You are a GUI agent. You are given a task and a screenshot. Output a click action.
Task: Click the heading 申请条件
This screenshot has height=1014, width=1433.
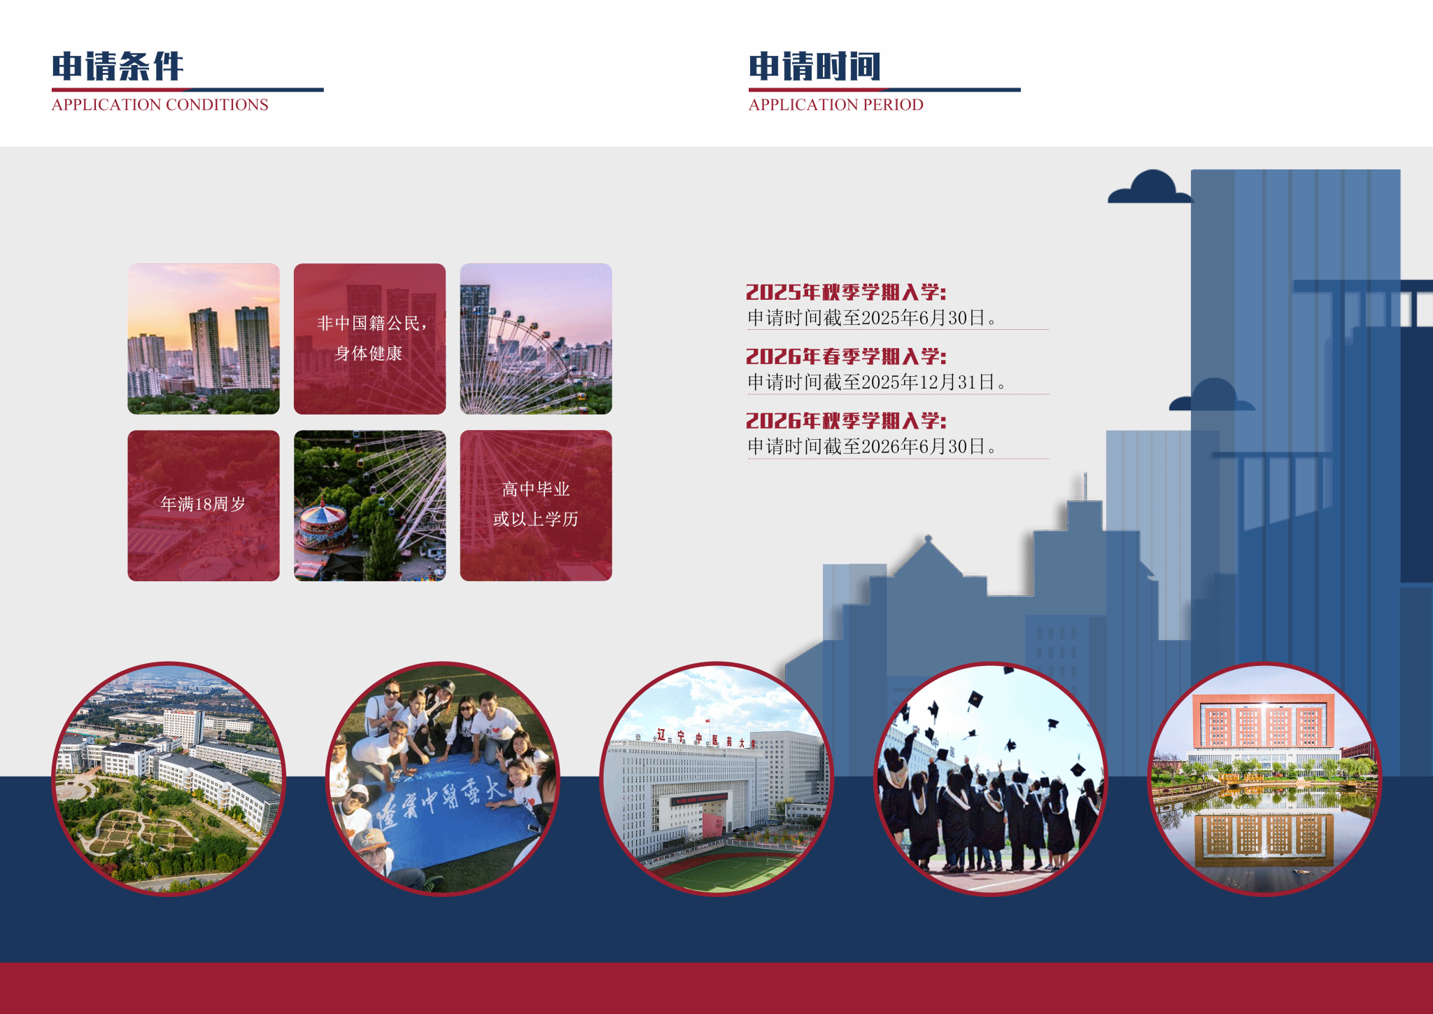[118, 67]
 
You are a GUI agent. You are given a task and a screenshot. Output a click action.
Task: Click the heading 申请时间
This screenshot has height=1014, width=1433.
[814, 67]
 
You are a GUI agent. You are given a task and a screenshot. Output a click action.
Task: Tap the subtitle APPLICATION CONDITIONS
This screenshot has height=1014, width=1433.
[160, 105]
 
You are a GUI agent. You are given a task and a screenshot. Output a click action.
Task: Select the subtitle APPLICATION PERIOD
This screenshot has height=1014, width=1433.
[836, 105]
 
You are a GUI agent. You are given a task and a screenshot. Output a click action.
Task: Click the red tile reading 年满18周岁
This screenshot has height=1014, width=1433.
[204, 506]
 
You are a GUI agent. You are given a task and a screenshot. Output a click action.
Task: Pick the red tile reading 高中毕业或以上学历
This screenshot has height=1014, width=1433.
[536, 506]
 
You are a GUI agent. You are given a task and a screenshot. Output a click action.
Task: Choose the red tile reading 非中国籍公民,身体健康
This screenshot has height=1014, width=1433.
[369, 339]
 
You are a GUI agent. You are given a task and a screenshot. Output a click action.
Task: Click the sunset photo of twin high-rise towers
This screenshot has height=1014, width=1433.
[204, 339]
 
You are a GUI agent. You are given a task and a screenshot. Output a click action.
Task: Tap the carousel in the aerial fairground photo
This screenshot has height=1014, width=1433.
[322, 529]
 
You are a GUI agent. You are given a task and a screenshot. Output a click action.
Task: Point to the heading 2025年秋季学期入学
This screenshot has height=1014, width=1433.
[846, 292]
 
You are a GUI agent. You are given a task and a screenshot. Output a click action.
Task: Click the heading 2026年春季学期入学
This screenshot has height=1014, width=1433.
[846, 356]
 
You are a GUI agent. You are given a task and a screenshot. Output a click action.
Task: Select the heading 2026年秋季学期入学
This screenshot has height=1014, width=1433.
[846, 421]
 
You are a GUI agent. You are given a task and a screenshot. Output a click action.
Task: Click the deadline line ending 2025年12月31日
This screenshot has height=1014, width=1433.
[877, 382]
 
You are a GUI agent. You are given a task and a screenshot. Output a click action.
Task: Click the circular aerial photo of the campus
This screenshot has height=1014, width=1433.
[169, 779]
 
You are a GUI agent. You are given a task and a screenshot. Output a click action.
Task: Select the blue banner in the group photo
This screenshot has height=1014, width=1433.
[448, 812]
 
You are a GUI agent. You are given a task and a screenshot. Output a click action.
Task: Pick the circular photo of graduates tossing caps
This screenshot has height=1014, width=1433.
[991, 779]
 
